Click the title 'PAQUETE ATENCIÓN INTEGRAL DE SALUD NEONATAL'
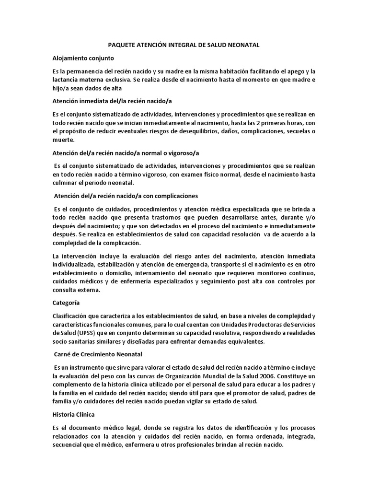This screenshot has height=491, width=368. coord(184,45)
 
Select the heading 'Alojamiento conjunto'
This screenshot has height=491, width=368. coord(83,58)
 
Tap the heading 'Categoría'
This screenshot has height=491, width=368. coord(66,303)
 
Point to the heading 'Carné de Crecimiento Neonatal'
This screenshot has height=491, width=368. coord(98,354)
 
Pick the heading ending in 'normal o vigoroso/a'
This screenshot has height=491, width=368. coord(126,153)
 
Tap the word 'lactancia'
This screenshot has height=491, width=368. coord(66,79)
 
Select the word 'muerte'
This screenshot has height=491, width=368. coord(63,140)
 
